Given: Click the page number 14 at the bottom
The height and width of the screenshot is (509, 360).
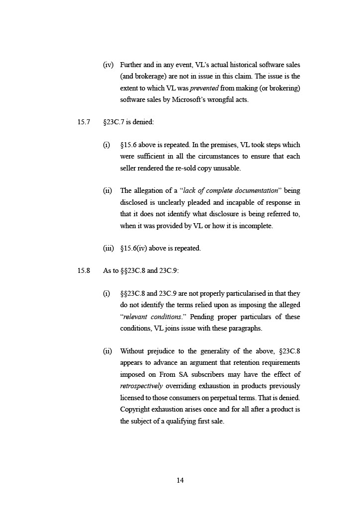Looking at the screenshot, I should pyautogui.click(x=180, y=480).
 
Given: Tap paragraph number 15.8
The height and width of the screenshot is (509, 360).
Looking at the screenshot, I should pyautogui.click(x=84, y=271).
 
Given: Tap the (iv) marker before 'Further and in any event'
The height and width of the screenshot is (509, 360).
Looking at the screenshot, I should pyautogui.click(x=108, y=65).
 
